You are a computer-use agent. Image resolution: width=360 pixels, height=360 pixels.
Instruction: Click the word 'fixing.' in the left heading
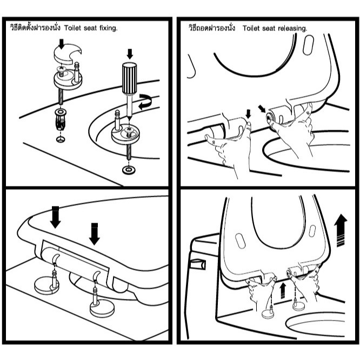pyautogui.click(x=108, y=28)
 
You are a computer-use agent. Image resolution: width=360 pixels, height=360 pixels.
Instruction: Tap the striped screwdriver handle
pyautogui.click(x=129, y=78)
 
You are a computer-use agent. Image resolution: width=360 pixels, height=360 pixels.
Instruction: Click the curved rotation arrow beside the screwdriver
pyautogui.click(x=145, y=101)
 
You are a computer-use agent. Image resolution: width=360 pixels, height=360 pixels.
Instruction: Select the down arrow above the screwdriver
pyautogui.click(x=130, y=54)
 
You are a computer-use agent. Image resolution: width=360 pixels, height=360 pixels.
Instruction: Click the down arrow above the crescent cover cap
pyautogui.click(x=61, y=44)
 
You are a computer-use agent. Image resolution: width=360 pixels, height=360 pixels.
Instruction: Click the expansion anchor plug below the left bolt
pyautogui.click(x=61, y=119)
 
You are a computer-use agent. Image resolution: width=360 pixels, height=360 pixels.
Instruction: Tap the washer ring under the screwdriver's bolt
pyautogui.click(x=129, y=170)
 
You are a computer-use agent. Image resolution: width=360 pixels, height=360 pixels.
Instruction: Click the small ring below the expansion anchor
pyautogui.click(x=61, y=139)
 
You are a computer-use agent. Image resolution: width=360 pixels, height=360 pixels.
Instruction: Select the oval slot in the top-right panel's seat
pyautogui.click(x=308, y=45)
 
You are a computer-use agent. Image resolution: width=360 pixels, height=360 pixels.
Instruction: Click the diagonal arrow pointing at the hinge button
pyautogui.click(x=262, y=109)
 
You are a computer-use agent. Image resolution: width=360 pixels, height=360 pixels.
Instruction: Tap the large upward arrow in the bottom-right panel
pyautogui.click(x=341, y=230)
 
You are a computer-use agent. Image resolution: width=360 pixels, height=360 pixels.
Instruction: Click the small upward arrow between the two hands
pyautogui.click(x=283, y=290)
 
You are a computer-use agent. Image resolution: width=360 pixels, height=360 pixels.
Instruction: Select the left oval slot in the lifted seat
pyautogui.click(x=240, y=241)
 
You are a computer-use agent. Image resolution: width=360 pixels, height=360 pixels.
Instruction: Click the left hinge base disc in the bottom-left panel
pyautogui.click(x=46, y=286)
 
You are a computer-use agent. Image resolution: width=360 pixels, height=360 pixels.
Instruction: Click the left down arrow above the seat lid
pyautogui.click(x=55, y=217)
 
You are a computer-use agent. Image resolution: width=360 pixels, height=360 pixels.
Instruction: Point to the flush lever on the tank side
pyautogui.click(x=198, y=264)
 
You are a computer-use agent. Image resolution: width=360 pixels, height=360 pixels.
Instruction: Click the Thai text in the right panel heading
pyautogui.click(x=212, y=28)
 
